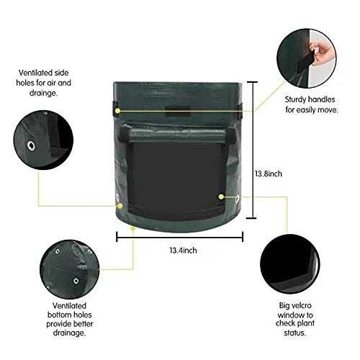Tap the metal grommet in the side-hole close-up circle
point(32,146)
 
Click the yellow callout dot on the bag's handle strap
point(117,109)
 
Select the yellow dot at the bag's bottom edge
point(134,228)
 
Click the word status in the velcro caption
point(300,333)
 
